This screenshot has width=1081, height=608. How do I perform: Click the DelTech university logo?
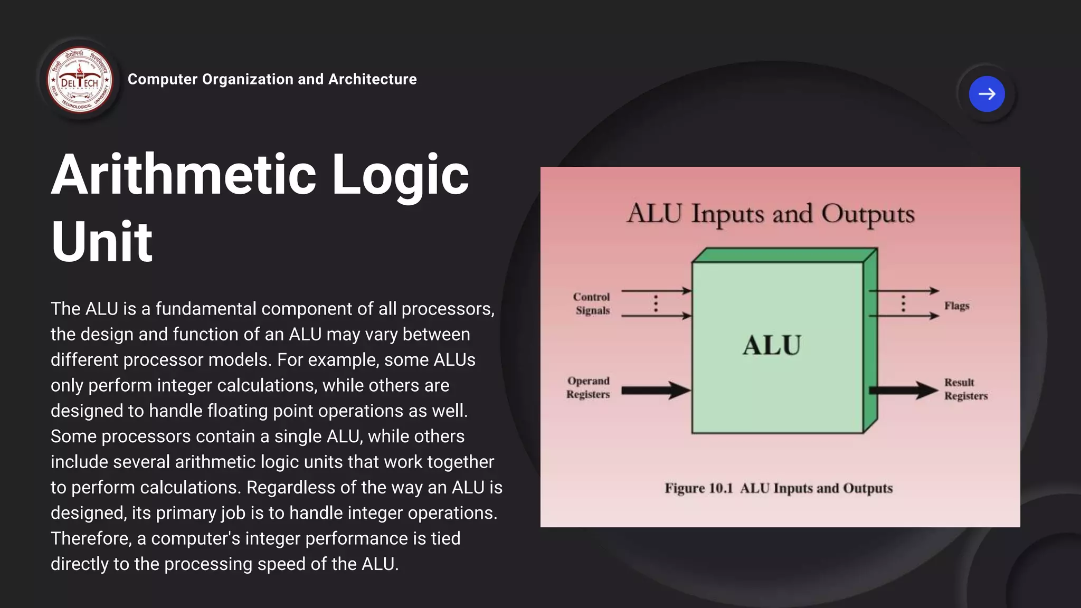(x=80, y=80)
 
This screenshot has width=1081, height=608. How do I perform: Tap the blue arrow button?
(x=987, y=94)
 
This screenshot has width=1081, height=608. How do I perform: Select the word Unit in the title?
(x=101, y=242)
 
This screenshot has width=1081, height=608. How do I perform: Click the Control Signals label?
(x=592, y=303)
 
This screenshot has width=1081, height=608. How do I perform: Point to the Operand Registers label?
(x=588, y=387)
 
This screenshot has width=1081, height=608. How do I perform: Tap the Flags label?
(x=956, y=306)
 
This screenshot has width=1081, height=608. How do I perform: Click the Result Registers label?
(x=965, y=389)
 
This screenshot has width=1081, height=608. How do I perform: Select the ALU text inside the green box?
(x=772, y=345)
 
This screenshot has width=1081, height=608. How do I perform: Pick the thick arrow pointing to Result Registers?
(x=903, y=391)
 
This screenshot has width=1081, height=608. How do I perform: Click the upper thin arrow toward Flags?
(x=903, y=291)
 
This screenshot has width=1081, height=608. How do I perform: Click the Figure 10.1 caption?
(x=779, y=488)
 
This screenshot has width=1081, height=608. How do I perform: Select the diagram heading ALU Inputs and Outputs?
(x=771, y=214)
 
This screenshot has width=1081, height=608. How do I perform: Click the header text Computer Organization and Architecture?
(x=272, y=79)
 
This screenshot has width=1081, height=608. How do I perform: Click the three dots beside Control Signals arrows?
(x=656, y=303)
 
